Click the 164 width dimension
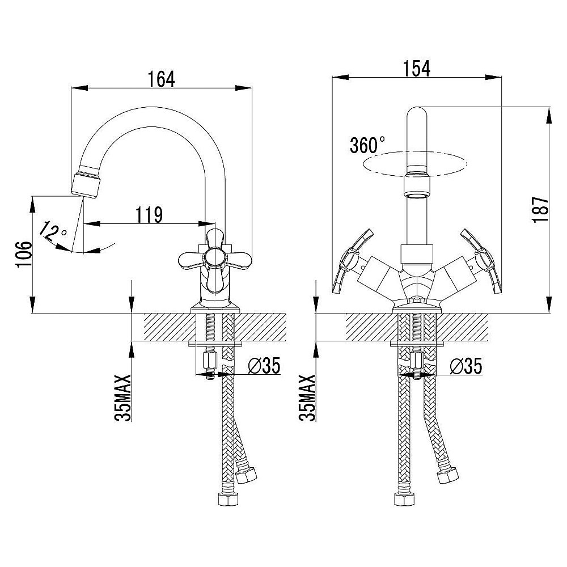(x=161, y=79)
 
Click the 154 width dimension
(x=417, y=69)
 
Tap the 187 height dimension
(x=541, y=210)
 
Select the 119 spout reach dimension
(x=149, y=215)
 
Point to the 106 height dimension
(x=24, y=254)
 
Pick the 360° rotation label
(x=367, y=145)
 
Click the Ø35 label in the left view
(x=264, y=366)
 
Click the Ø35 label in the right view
(x=466, y=366)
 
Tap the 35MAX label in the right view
(x=307, y=398)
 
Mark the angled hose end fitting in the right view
(x=448, y=475)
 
